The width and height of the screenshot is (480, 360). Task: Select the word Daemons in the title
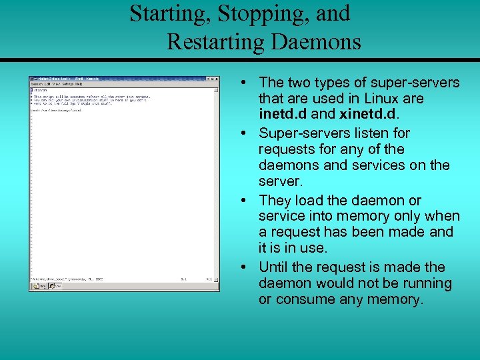(316, 42)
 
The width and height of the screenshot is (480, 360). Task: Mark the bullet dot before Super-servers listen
(245, 133)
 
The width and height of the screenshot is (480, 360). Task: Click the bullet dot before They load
(245, 201)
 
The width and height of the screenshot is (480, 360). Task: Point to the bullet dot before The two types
(245, 83)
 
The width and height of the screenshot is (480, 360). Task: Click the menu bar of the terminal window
(100, 85)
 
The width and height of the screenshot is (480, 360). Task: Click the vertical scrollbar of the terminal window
(216, 180)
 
